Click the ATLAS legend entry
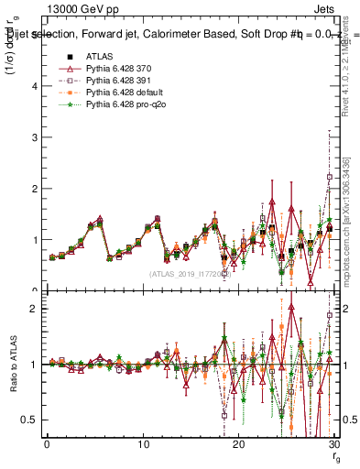click(x=99, y=57)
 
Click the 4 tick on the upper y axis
click(x=35, y=86)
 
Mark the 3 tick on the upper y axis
click(x=35, y=137)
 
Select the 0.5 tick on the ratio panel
click(x=31, y=420)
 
